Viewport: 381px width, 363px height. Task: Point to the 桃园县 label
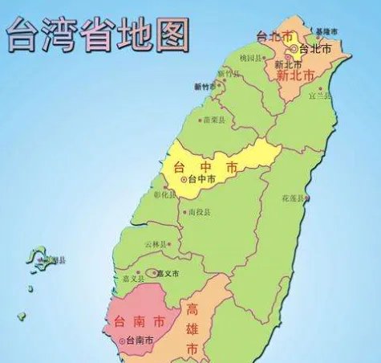coord(251,59)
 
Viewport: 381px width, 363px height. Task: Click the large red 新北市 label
coord(294,75)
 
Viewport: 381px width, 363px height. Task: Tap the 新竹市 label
coord(205,86)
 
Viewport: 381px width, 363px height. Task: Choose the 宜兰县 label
coord(321,96)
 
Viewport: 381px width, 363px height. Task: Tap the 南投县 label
coord(199,213)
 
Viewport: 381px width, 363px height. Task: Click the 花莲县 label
coord(293,198)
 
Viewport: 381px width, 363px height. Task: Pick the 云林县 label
coord(156,244)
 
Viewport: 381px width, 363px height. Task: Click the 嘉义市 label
coord(169,273)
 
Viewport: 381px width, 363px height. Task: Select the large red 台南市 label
coord(136,321)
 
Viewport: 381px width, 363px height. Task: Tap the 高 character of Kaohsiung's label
coord(193,310)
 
